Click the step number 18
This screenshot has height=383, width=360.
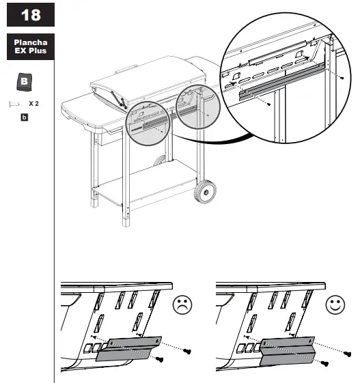pyautogui.click(x=31, y=15)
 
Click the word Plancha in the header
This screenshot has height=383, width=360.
pyautogui.click(x=31, y=42)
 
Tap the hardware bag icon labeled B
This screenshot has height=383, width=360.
pyautogui.click(x=24, y=82)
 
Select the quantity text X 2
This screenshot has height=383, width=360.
pyautogui.click(x=33, y=104)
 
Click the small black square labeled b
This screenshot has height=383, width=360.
pyautogui.click(x=24, y=117)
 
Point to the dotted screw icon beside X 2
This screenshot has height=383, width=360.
pyautogui.click(x=14, y=104)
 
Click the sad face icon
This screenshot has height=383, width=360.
pyautogui.click(x=182, y=304)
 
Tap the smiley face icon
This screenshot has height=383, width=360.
pyautogui.click(x=335, y=304)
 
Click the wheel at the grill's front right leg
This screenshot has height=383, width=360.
pyautogui.click(x=205, y=192)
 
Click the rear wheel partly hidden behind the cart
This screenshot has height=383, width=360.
pyautogui.click(x=160, y=160)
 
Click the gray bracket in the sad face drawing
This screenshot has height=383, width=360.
pyautogui.click(x=128, y=349)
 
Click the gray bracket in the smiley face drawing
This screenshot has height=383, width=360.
pyautogui.click(x=287, y=352)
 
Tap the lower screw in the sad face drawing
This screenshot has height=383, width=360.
pyautogui.click(x=159, y=359)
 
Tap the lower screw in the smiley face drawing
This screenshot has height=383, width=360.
pyautogui.click(x=324, y=363)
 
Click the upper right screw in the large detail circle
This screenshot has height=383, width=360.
pyautogui.click(x=342, y=78)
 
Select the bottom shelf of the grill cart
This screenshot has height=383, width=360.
pyautogui.click(x=144, y=183)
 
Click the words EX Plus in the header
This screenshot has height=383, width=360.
pyautogui.click(x=31, y=51)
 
